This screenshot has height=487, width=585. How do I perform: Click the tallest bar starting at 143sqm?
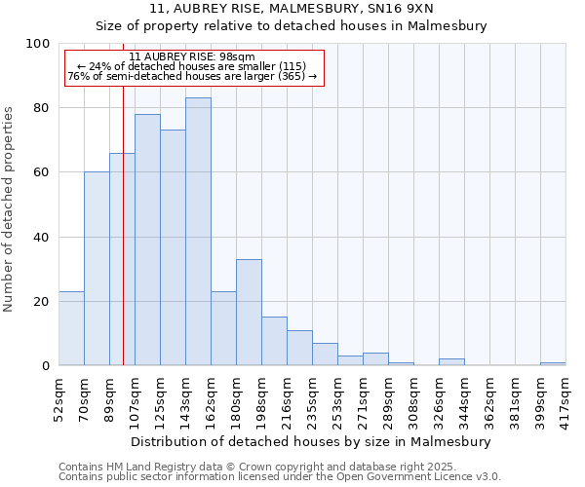198,232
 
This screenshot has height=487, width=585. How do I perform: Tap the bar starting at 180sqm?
249,312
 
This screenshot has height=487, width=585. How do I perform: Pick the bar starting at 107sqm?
147,240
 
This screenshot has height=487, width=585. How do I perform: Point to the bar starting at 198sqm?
274,341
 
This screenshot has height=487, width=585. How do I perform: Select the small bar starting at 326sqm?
451,362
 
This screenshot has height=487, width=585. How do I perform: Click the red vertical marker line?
123,243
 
